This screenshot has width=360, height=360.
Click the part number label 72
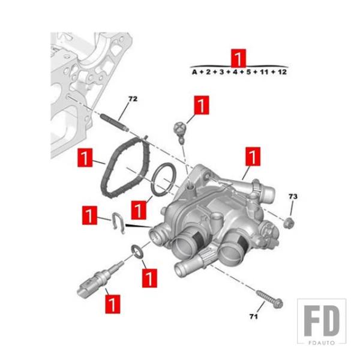(133, 99)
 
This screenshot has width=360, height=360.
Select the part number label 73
(293, 197)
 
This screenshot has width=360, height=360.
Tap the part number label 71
(253, 317)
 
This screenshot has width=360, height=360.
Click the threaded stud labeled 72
(115, 123)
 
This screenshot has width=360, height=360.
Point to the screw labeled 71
(270, 299)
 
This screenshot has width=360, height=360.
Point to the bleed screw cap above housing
(181, 132)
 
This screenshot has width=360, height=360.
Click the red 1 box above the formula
(238, 58)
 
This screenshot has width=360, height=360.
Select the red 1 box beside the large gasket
(85, 157)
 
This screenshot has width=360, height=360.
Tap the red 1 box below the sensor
(113, 304)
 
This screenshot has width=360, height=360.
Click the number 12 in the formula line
(282, 72)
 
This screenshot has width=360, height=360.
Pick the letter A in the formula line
(194, 72)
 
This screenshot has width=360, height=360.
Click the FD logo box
(322, 322)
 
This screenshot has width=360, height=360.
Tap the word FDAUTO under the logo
(322, 343)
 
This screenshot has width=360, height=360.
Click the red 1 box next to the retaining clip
(89, 215)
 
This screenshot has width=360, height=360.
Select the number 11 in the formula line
(264, 72)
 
